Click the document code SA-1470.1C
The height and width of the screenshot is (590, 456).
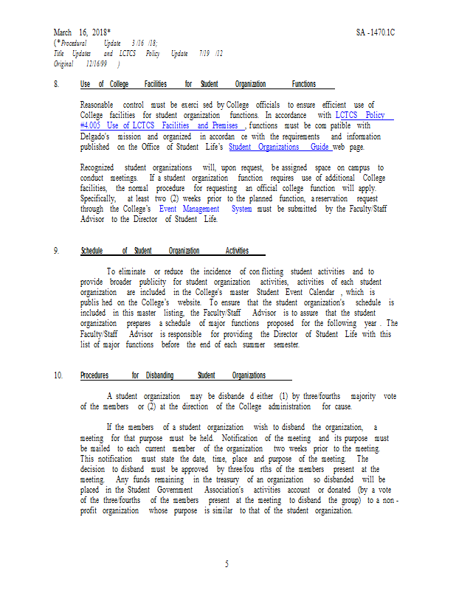coord(380,32)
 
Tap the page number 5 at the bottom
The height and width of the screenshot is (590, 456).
coord(227,564)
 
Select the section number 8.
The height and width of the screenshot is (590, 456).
coord(56,85)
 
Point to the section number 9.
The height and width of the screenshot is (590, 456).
coord(56,251)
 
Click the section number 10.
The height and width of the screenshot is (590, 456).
coord(58,375)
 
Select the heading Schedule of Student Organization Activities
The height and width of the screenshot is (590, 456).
coord(164,251)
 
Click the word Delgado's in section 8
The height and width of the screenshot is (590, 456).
coord(95,137)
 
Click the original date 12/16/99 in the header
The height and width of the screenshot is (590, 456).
coord(95,65)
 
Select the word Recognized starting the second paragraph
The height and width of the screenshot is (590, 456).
coord(98,168)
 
